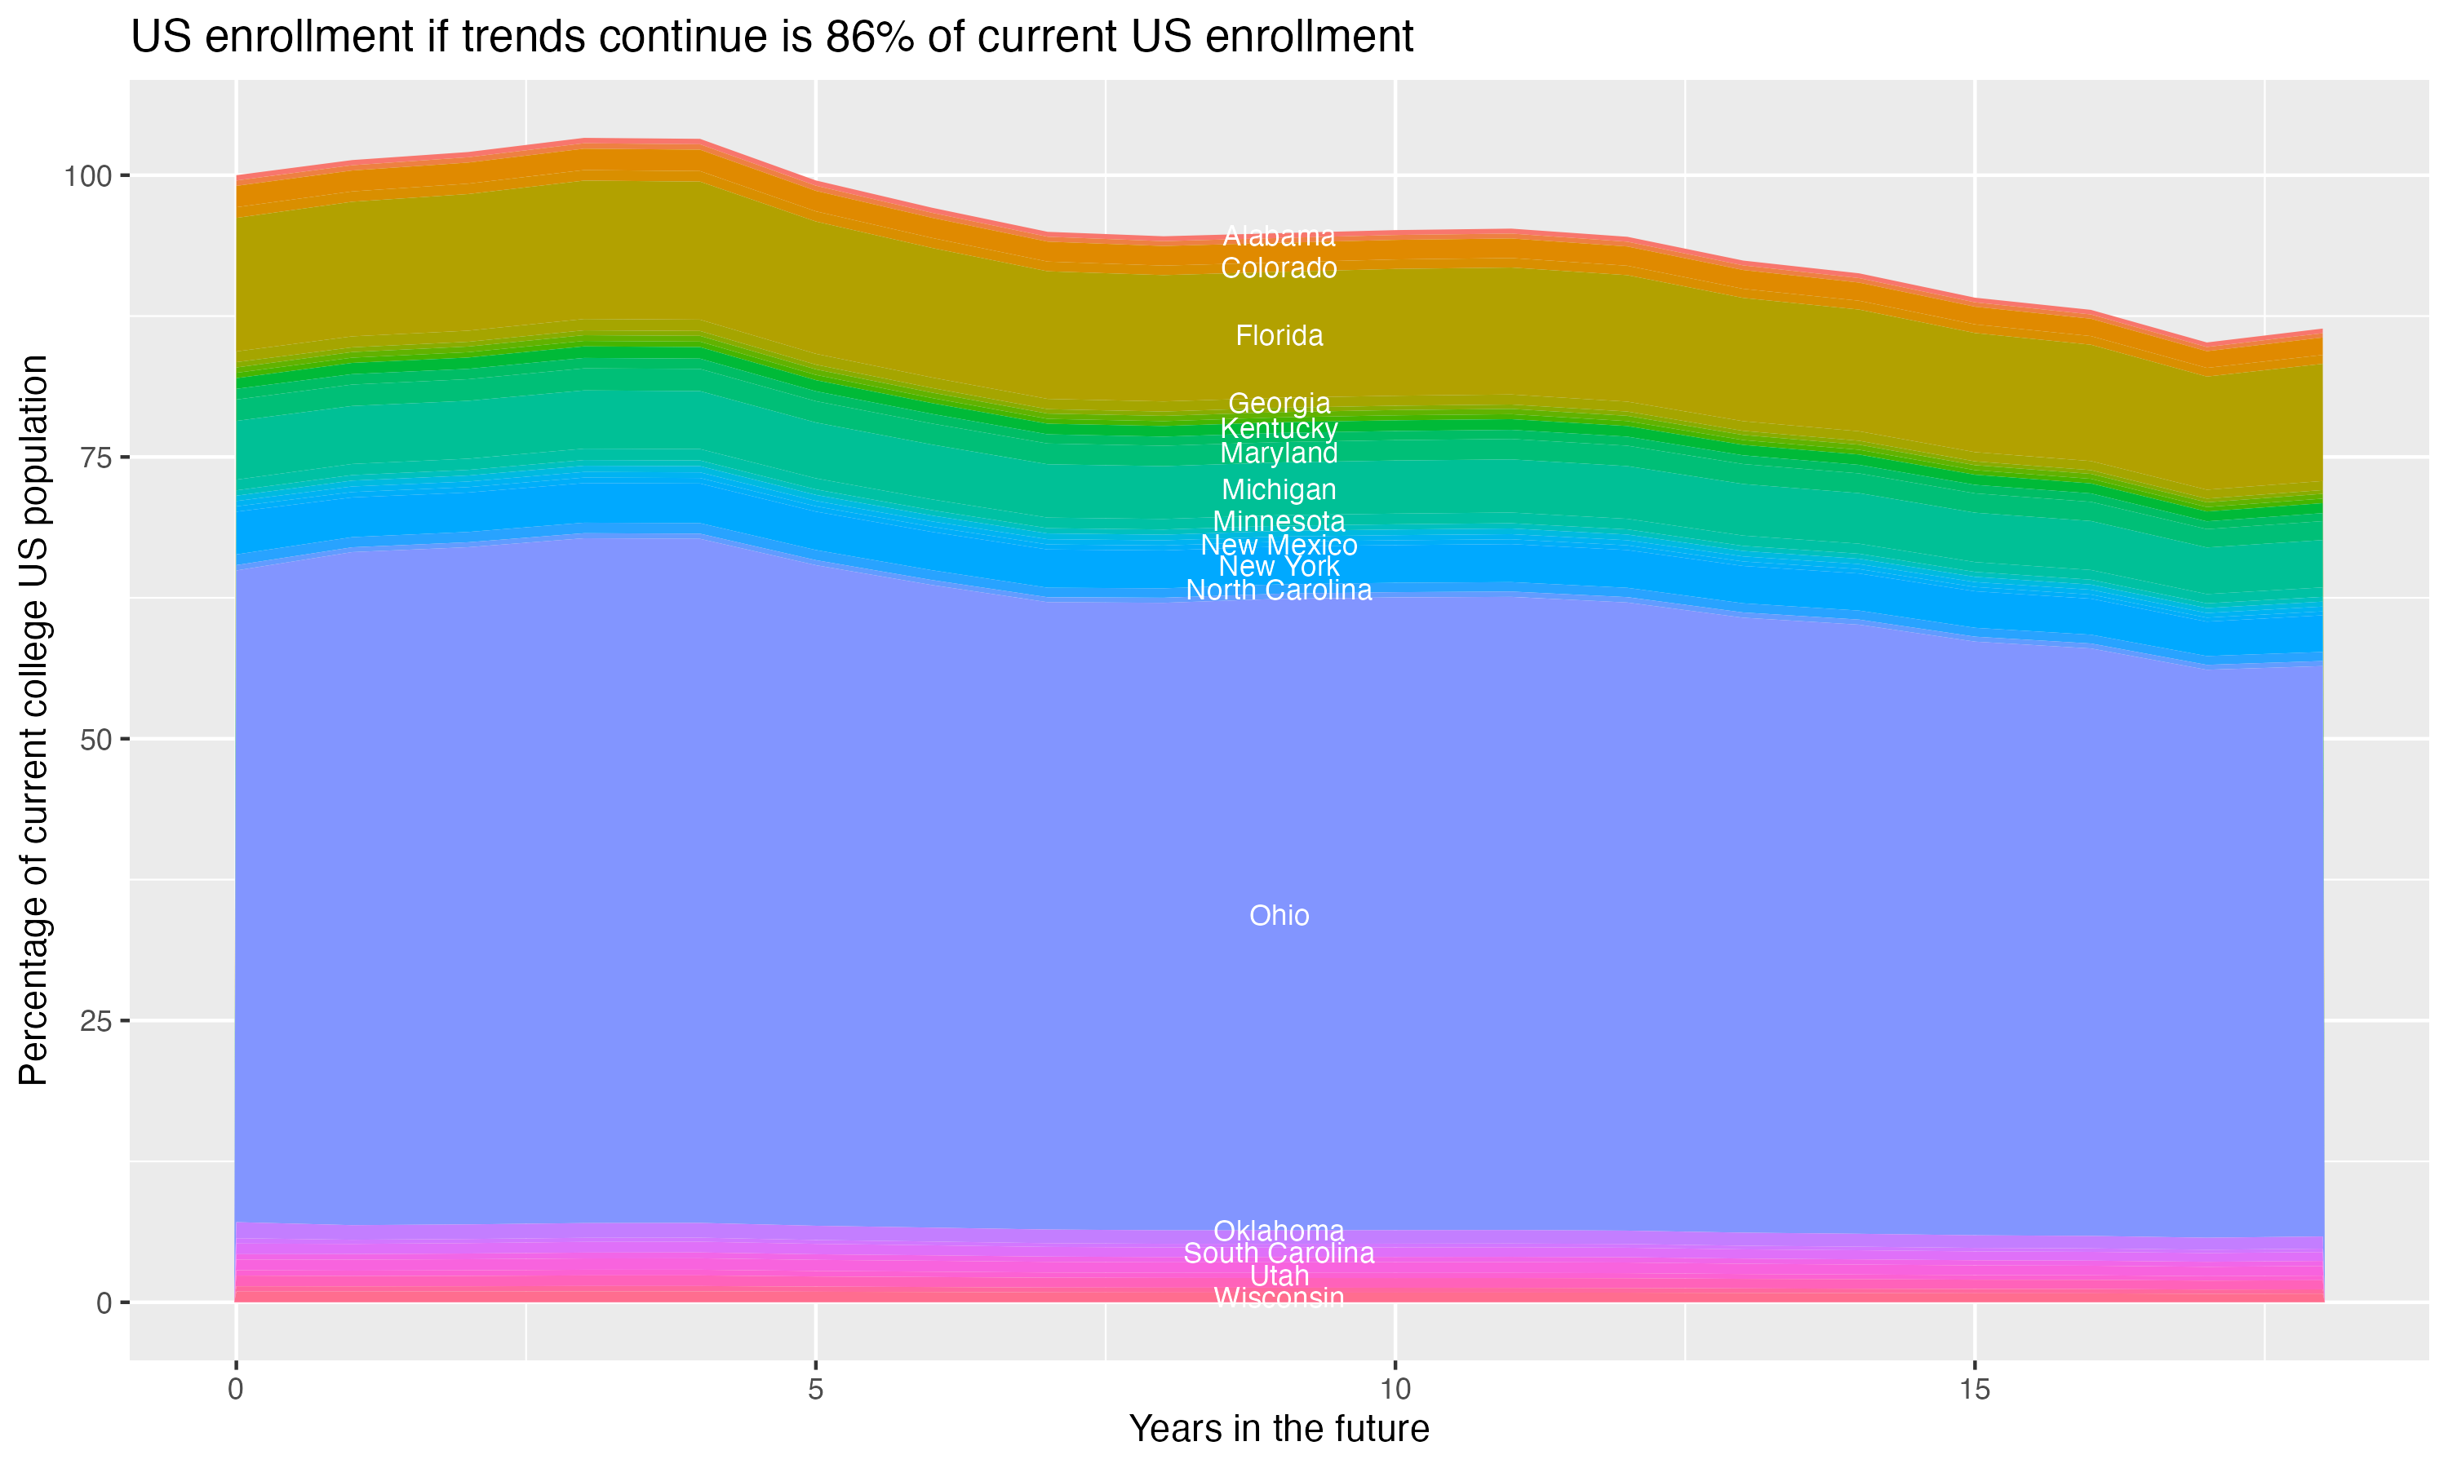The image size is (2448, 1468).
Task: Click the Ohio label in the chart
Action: click(1279, 916)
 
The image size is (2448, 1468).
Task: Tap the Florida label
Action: click(1279, 336)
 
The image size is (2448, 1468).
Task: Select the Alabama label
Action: click(1279, 237)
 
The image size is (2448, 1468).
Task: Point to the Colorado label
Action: click(1279, 268)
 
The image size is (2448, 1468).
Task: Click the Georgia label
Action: click(1279, 404)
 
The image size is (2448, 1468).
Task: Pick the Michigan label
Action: click(1279, 489)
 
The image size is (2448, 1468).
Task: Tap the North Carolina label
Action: click(1279, 590)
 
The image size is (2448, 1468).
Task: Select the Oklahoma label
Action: click(1279, 1231)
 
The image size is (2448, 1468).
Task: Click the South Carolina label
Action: click(1279, 1254)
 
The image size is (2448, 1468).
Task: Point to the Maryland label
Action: click(1279, 453)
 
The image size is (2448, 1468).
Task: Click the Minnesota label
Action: click(1279, 521)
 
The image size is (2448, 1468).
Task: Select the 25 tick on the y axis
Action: click(94, 1021)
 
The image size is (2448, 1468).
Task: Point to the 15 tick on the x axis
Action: click(1974, 1390)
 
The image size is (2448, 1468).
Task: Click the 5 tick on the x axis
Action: click(815, 1390)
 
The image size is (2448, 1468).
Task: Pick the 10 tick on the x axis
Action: click(1395, 1390)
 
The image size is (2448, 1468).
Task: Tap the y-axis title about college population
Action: click(33, 719)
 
